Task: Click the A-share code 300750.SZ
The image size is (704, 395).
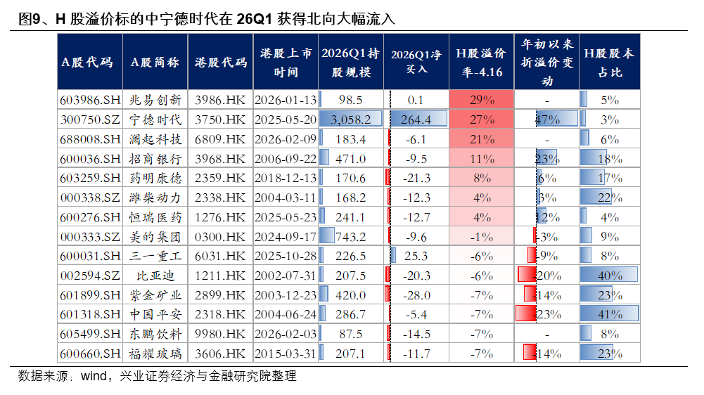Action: pos(89,119)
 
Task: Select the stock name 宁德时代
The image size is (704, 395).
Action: pos(155,119)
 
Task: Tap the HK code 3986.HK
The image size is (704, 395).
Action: pos(221,100)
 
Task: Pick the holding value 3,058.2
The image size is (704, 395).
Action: pos(350,119)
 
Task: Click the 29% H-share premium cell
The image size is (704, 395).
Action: pos(482,100)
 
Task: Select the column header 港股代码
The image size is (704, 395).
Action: pos(221,62)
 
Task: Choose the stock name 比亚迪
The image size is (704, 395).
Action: pos(155,275)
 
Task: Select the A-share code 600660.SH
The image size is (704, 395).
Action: pos(89,353)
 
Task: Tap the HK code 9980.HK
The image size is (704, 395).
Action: pos(221,333)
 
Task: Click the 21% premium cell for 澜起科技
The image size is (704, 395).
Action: pos(482,139)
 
